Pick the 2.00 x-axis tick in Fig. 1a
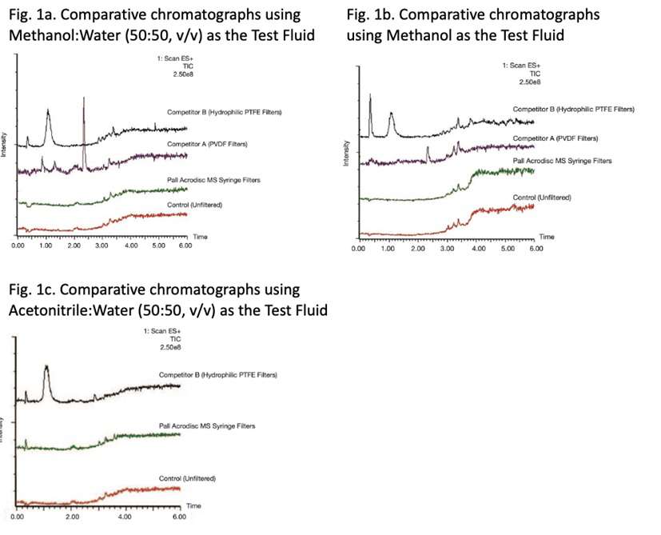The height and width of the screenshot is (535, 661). coord(74,246)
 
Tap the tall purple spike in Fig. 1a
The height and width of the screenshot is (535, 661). coord(83,128)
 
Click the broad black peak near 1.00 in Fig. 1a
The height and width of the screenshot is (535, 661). coord(48,120)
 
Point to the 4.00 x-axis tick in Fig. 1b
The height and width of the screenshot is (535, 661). coord(478,248)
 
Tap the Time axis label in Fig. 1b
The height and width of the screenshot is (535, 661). coord(546,237)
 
